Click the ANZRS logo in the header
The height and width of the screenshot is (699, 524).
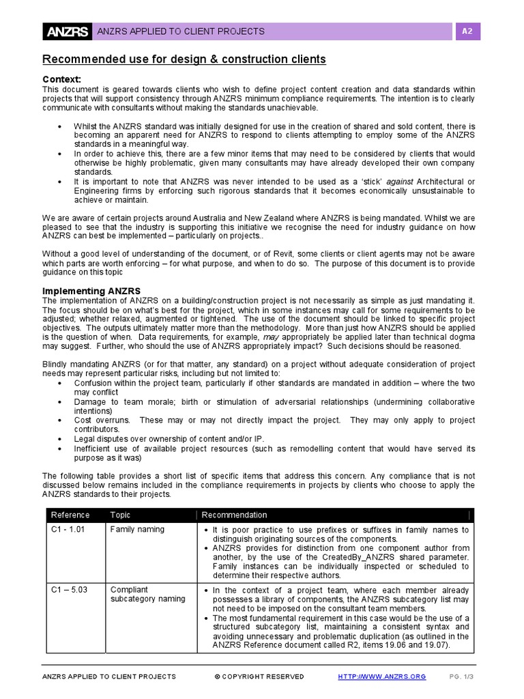[68, 31]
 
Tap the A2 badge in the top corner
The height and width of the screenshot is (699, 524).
[467, 31]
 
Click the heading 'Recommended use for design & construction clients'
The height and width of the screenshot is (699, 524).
[184, 60]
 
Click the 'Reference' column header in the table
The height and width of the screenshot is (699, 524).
[70, 515]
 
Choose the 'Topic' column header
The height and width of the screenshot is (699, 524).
[120, 515]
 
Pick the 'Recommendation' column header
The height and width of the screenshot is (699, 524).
[235, 515]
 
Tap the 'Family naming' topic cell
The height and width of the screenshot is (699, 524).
[137, 530]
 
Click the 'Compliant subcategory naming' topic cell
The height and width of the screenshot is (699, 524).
[147, 595]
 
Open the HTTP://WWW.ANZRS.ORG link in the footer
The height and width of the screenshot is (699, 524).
[382, 676]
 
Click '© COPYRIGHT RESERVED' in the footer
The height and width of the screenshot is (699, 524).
[259, 676]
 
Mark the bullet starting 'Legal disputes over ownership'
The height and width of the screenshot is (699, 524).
[168, 438]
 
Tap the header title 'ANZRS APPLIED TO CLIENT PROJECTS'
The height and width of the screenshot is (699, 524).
[181, 31]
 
